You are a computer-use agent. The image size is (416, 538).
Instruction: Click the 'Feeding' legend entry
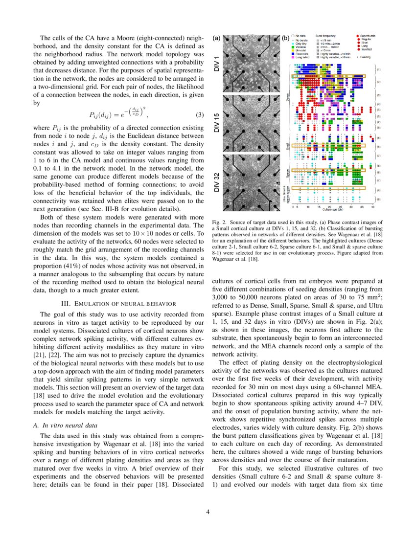click(x=365, y=57)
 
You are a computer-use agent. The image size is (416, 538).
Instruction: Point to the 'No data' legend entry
click(x=299, y=36)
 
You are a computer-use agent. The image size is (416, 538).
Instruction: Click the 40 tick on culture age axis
click(x=372, y=207)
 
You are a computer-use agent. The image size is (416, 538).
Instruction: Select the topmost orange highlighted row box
click(x=328, y=76)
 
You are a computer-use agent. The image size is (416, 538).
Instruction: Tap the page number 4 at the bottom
click(x=208, y=512)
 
